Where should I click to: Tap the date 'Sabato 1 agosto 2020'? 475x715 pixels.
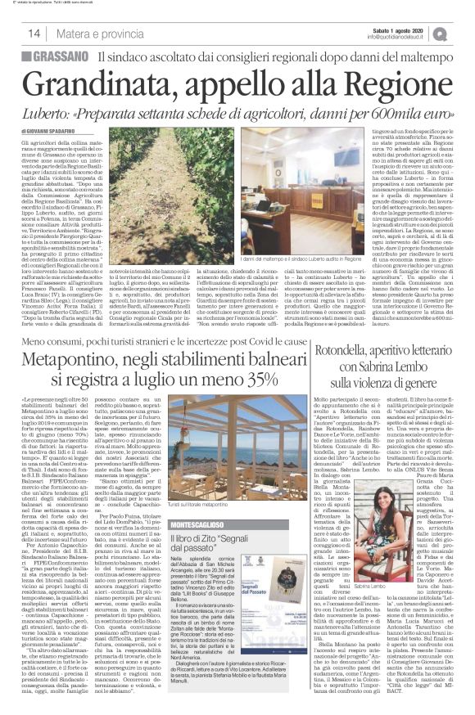pyautogui.click(x=397, y=28)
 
